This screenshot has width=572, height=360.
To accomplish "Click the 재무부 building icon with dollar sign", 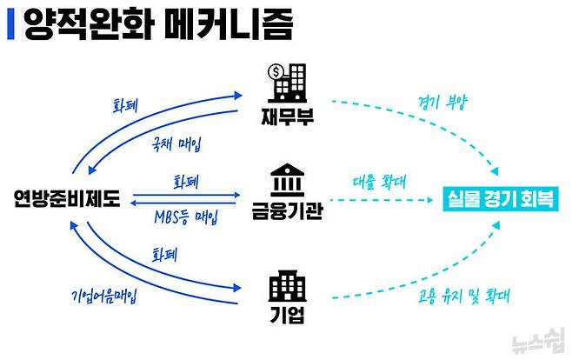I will tap(286, 82).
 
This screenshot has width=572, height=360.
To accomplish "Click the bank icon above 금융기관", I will tap(285, 181).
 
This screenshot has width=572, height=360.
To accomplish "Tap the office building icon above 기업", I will tap(285, 285).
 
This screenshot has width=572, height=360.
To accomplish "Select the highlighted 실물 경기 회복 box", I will tap(500, 200).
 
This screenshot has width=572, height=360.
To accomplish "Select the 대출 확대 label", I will tap(382, 184).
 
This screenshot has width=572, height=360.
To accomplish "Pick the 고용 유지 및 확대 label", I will tap(450, 295).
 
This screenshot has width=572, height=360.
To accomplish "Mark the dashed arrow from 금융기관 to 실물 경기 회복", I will tap(382, 200).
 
